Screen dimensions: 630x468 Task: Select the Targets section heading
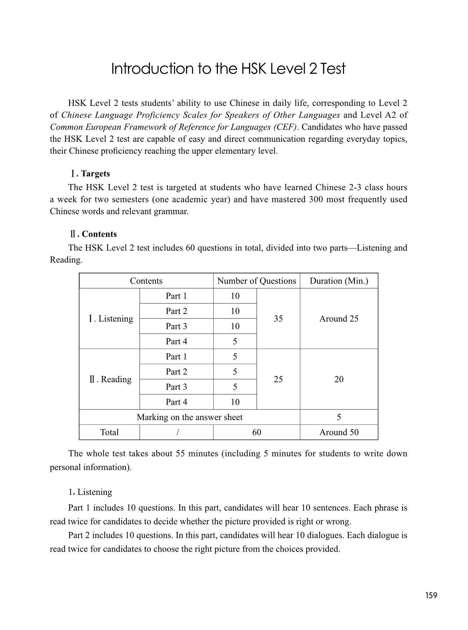click(95, 174)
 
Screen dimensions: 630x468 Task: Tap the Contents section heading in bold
click(99, 234)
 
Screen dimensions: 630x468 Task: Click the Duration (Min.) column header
click(339, 281)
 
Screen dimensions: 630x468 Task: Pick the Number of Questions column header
click(256, 281)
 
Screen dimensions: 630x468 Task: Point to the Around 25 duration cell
click(339, 319)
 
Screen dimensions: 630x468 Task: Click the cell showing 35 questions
click(278, 319)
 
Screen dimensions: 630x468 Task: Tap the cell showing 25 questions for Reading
click(278, 379)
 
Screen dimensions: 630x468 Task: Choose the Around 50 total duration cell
click(339, 432)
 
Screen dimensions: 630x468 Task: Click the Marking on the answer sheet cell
click(190, 417)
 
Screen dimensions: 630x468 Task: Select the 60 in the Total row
click(256, 432)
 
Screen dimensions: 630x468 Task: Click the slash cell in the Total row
click(178, 433)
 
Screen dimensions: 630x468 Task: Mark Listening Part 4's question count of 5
click(235, 342)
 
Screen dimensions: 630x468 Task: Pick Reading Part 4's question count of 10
click(235, 402)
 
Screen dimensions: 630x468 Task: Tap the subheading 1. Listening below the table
click(90, 492)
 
